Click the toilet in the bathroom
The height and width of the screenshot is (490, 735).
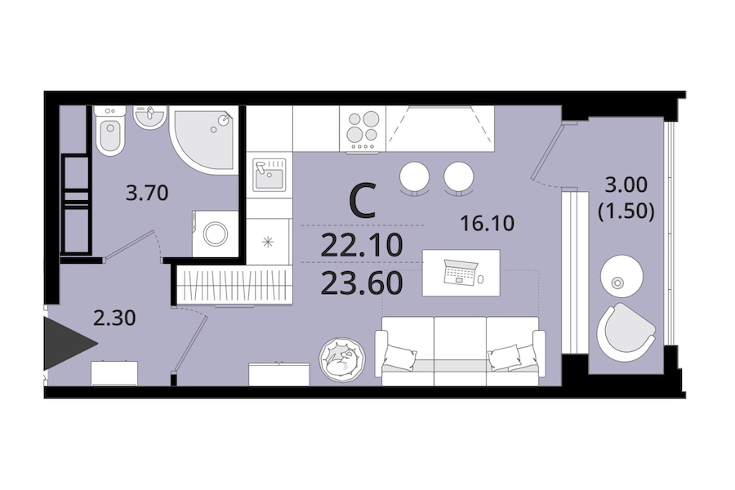pyautogui.click(x=110, y=130)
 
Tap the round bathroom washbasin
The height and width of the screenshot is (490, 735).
pyautogui.click(x=149, y=116)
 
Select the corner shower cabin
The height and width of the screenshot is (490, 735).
pyautogui.click(x=205, y=140)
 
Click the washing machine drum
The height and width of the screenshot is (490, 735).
pyautogui.click(x=216, y=234)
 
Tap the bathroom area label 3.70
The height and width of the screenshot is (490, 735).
pyautogui.click(x=147, y=193)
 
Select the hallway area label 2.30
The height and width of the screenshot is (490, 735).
pyautogui.click(x=114, y=318)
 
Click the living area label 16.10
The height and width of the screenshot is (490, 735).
pyautogui.click(x=487, y=223)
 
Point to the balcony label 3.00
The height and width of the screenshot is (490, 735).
pyautogui.click(x=626, y=185)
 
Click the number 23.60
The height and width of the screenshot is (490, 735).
pyautogui.click(x=362, y=283)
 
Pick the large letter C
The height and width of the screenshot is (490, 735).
pyautogui.click(x=363, y=201)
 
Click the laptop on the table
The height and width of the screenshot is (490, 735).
pyautogui.click(x=461, y=272)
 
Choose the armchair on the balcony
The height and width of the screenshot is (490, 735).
pyautogui.click(x=626, y=328)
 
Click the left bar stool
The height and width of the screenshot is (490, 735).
pyautogui.click(x=414, y=176)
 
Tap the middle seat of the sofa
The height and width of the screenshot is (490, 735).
pyautogui.click(x=461, y=350)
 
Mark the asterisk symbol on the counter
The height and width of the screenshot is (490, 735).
pyautogui.click(x=268, y=243)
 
